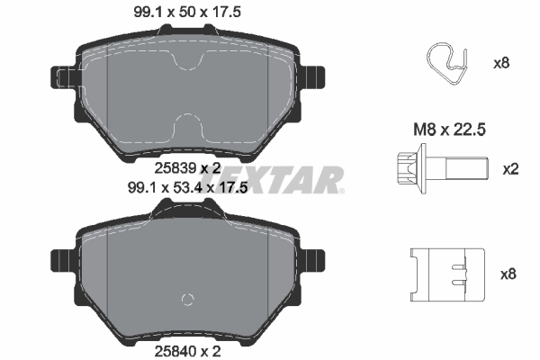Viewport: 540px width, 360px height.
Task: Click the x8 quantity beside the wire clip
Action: click(x=502, y=64)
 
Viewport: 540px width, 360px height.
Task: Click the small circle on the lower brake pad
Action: click(x=188, y=300)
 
